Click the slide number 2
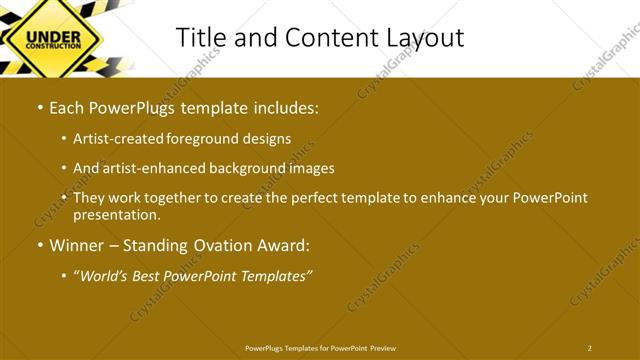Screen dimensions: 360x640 (589, 348)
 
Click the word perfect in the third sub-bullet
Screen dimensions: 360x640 (312, 198)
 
